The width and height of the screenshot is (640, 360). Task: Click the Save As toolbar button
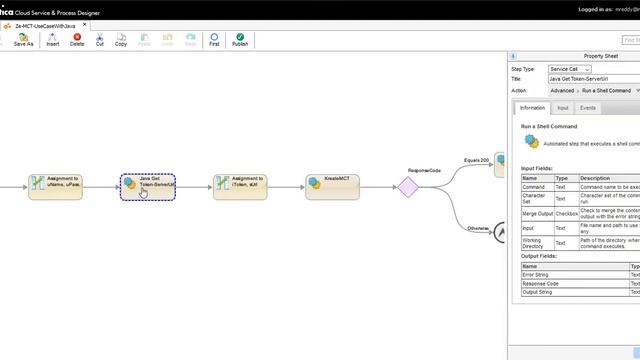coord(23,40)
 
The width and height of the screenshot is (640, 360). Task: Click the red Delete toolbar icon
coord(77,40)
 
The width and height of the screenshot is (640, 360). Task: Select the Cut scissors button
coord(99,40)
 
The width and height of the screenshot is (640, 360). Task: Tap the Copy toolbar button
coord(120,40)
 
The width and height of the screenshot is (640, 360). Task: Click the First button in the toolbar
coord(214,40)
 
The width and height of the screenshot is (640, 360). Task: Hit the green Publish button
coord(240,40)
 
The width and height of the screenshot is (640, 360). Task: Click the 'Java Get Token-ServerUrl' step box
coord(148,187)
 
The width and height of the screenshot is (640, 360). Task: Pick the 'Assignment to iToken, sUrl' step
coord(240,187)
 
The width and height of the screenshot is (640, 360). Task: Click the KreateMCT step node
coord(333,187)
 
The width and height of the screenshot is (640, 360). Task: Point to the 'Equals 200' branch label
coord(476,160)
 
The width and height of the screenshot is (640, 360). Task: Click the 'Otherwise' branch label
coord(477,229)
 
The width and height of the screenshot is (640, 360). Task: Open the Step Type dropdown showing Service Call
coord(570,69)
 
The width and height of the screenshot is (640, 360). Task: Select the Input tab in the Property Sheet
coord(563,107)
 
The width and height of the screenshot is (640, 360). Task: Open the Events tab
coord(588,107)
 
